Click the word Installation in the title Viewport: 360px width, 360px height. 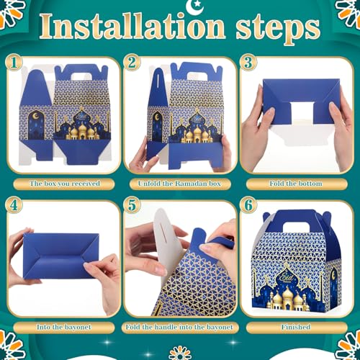coord(132,27)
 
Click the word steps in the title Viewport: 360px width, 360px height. coord(278,30)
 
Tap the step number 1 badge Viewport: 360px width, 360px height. coord(14,63)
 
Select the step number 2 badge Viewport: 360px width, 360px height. coord(132,63)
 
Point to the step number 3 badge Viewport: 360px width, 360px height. coord(248,63)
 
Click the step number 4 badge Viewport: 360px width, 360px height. coord(14,205)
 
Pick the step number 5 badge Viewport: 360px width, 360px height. coord(132,205)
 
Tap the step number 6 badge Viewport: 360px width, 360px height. coord(248,205)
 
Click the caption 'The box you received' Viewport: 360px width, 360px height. coord(65,184)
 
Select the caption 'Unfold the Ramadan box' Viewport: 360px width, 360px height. coord(179,184)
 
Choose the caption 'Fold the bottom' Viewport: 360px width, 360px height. coord(296,184)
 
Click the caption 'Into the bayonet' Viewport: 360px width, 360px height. coord(64,327)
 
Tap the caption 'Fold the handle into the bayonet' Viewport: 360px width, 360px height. coord(179,327)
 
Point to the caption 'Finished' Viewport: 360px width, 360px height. coord(296,327)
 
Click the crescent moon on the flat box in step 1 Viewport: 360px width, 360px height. coord(35,116)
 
